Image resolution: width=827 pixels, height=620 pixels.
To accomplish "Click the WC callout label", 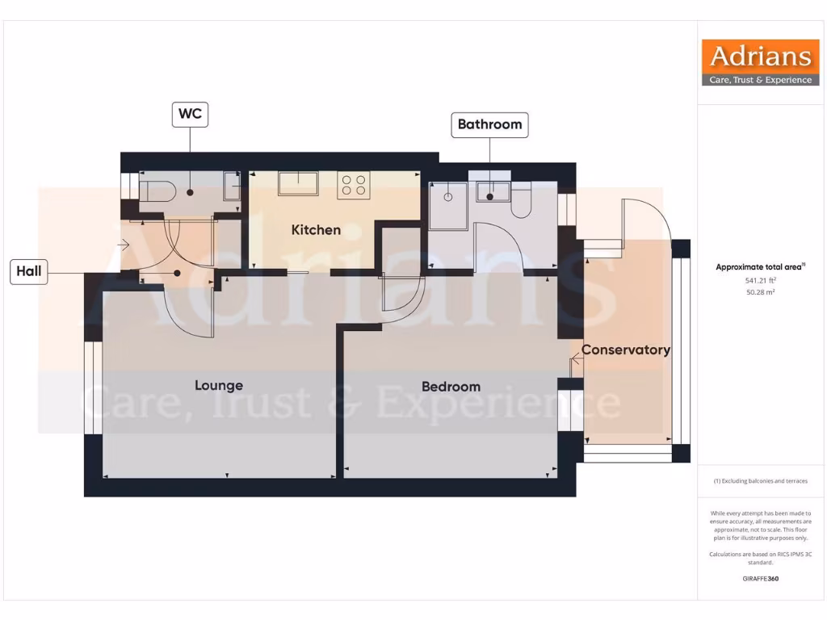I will click(190, 115).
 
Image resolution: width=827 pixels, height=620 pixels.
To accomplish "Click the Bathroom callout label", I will click(489, 124).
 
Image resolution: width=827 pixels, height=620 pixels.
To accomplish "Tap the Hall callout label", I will click(30, 272).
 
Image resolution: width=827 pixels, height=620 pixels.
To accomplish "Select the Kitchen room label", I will click(316, 230).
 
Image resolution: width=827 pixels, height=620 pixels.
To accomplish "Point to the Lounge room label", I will click(218, 385).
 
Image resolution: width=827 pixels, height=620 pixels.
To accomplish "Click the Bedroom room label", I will click(451, 387).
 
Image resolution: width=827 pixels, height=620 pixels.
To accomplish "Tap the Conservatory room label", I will click(626, 350).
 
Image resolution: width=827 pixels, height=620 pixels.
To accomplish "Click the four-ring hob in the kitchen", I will click(353, 185).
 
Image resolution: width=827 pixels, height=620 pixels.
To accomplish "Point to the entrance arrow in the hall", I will click(124, 243).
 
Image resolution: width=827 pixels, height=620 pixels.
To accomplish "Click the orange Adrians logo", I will click(760, 63).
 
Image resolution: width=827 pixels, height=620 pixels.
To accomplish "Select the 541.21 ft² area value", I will click(760, 280).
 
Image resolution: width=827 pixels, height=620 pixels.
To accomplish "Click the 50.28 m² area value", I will click(760, 292).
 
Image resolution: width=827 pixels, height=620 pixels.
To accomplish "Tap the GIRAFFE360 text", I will click(760, 578).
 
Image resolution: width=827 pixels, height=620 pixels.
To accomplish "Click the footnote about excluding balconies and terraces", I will click(760, 481).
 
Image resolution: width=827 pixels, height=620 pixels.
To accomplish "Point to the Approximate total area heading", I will click(760, 266).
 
